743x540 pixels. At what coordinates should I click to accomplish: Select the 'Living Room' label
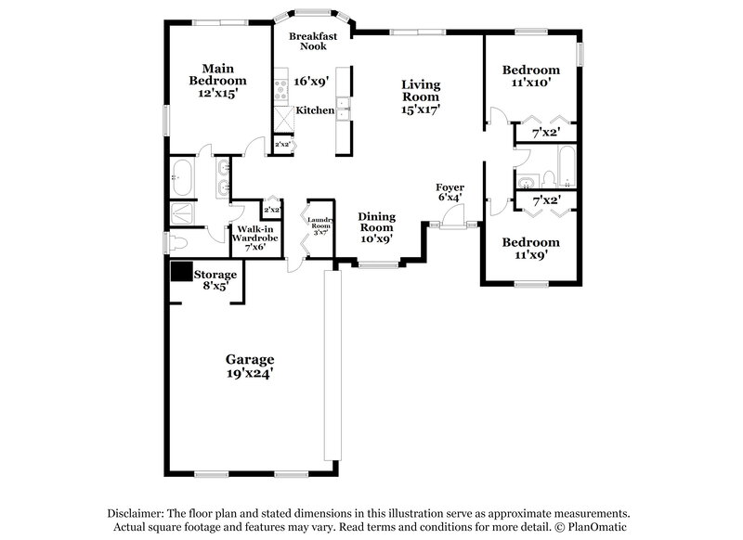coord(420,91)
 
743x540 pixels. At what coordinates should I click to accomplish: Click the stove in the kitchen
coord(279,90)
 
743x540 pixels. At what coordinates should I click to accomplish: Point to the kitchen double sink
coord(343,109)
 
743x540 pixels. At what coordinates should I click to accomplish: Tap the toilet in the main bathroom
coord(177,243)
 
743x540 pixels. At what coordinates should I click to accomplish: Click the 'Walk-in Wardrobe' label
coord(254,238)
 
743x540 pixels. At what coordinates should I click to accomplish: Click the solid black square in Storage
coord(181,272)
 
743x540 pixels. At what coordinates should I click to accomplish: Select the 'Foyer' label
coord(450,188)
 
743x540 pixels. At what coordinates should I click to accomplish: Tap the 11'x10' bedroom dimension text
coord(530,84)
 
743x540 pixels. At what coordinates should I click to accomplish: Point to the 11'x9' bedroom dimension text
coord(530,256)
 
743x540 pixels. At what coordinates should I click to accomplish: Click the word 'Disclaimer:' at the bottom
coord(145,513)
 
